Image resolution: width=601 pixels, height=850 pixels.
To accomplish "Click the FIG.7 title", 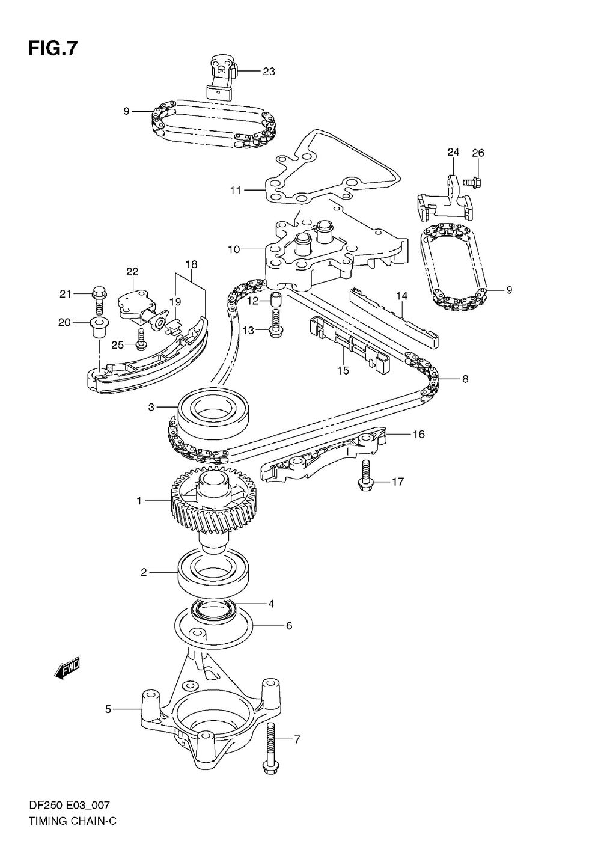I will point(53,49).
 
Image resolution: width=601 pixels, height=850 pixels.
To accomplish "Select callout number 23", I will point(269,72).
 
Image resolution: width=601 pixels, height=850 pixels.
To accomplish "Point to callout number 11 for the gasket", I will point(235,191).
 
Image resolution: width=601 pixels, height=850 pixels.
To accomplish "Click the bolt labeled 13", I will point(276,322).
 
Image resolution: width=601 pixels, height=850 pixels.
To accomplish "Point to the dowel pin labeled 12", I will point(275,299).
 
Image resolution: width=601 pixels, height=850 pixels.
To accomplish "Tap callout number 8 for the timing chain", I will point(465,379).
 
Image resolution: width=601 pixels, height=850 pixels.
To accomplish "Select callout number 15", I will point(343,370).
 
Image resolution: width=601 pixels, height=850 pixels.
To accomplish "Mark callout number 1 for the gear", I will point(139,500).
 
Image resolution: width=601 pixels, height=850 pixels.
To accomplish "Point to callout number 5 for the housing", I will point(108,709).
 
